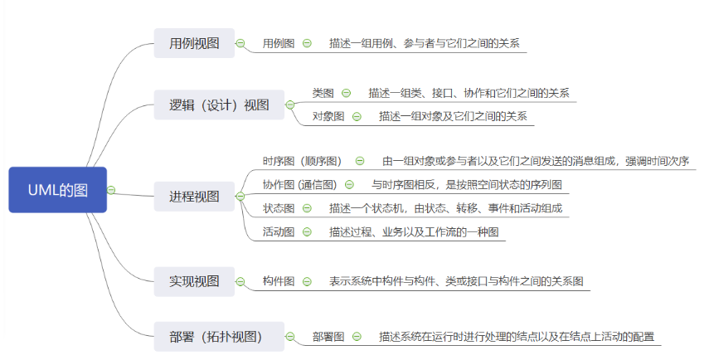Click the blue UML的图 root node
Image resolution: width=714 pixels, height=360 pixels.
pyautogui.click(x=57, y=189)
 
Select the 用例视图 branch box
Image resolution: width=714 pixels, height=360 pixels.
pyautogui.click(x=195, y=43)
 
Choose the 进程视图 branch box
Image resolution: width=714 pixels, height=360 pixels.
pyautogui.click(x=195, y=197)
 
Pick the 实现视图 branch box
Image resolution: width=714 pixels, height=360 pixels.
pyautogui.click(x=195, y=281)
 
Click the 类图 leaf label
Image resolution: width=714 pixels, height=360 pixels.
pyautogui.click(x=323, y=93)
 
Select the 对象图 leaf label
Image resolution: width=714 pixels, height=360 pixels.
pyautogui.click(x=328, y=116)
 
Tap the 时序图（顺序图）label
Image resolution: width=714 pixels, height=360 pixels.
pyautogui.click(x=302, y=161)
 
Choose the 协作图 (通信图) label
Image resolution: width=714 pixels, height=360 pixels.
pyautogui.click(x=299, y=185)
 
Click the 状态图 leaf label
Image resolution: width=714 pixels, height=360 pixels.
pyautogui.click(x=279, y=208)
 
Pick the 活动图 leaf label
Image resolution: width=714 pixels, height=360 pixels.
pyautogui.click(x=279, y=231)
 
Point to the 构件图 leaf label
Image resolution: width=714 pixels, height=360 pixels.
pyautogui.click(x=279, y=281)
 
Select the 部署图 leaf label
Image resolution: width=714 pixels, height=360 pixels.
pyautogui.click(x=328, y=337)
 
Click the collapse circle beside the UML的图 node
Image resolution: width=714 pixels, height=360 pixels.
pyautogui.click(x=112, y=190)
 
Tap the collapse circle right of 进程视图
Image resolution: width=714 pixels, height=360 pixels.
pyautogui.click(x=240, y=197)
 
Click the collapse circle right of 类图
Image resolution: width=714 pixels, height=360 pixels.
pyautogui.click(x=346, y=93)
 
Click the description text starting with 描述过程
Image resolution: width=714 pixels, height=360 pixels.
pyautogui.click(x=414, y=231)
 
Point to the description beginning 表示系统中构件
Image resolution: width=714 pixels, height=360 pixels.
pyautogui.click(x=456, y=281)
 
